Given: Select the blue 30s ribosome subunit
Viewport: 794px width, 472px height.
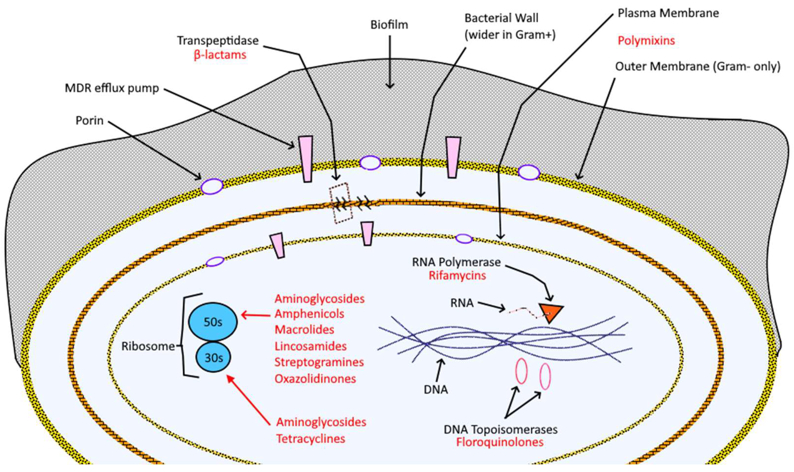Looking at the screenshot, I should point(213,357).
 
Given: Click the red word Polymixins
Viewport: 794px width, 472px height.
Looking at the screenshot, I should point(646,41).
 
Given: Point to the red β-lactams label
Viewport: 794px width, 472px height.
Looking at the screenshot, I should point(220,55).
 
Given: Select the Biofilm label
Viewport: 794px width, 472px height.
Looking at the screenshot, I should point(389,25).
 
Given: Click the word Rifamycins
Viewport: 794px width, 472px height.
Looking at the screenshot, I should point(457,275).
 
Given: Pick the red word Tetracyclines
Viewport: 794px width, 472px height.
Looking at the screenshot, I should point(310,439).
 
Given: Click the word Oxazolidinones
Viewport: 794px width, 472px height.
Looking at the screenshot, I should point(315,379).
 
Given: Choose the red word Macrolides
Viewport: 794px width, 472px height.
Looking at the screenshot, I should point(304,330).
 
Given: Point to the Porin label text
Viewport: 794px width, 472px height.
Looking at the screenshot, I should point(89,121).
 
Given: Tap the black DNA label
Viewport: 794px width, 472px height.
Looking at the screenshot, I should point(435,390).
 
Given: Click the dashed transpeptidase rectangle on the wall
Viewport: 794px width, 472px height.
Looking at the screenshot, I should point(340,203).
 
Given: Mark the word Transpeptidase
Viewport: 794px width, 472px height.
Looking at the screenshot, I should point(218,41).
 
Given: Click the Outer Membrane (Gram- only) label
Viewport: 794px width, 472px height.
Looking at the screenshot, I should point(698,66).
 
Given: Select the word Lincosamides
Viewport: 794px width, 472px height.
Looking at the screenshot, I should point(310,346).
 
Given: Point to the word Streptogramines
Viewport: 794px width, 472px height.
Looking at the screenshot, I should point(319,362).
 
